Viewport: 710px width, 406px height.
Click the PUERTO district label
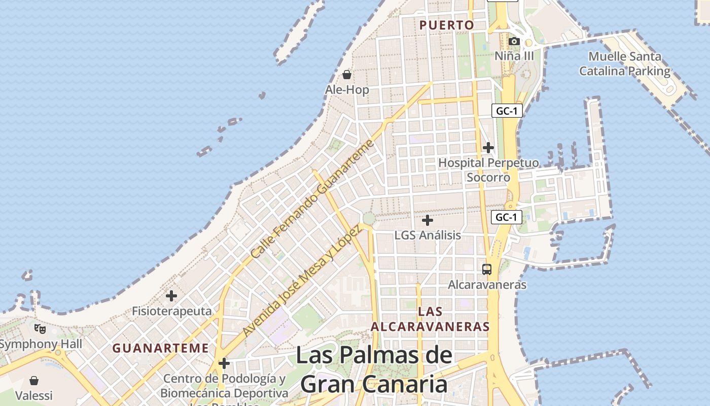tap(447, 25)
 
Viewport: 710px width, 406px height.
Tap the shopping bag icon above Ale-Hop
tap(347, 75)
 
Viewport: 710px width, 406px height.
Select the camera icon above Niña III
tap(514, 41)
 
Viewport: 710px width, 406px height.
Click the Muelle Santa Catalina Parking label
tap(625, 63)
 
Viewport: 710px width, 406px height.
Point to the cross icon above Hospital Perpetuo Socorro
tap(488, 148)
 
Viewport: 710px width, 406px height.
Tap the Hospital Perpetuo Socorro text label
tap(488, 170)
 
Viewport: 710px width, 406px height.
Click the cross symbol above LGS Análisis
tap(428, 220)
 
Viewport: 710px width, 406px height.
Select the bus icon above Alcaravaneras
tap(487, 269)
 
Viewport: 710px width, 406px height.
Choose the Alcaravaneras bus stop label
tap(487, 285)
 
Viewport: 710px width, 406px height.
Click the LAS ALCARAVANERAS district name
tap(431, 319)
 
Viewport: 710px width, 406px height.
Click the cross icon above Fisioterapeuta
tap(171, 295)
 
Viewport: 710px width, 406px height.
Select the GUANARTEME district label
tap(160, 348)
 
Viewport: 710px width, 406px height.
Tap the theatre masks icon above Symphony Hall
tap(40, 329)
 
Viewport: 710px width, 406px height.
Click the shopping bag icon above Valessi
tap(34, 380)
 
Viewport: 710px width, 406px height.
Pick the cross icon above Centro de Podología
tap(224, 363)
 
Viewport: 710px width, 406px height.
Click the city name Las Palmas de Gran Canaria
tap(374, 369)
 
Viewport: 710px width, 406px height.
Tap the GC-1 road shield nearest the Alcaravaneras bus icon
tap(507, 217)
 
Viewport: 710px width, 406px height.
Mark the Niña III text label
tap(514, 55)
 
